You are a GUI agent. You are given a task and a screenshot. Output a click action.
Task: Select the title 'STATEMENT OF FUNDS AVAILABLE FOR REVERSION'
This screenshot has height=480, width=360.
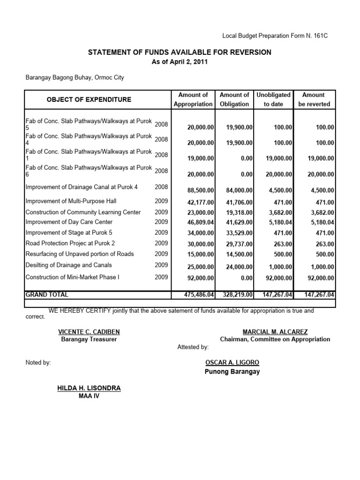(180, 52)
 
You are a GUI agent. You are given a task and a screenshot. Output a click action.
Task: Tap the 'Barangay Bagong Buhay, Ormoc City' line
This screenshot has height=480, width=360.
(75, 77)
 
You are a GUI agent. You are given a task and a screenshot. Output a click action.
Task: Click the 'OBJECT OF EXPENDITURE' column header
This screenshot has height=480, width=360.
(89, 99)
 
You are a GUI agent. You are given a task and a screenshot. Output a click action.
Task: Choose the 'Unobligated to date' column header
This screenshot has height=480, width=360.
(273, 99)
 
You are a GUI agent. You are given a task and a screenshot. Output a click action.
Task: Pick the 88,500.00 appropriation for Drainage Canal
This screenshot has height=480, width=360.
(201, 190)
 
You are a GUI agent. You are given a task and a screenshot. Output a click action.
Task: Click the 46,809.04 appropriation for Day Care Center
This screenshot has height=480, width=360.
(201, 222)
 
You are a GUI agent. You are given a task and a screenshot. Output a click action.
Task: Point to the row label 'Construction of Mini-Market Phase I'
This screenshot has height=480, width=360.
(72, 277)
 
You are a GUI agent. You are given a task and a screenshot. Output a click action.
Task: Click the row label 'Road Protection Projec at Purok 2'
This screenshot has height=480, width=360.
(70, 243)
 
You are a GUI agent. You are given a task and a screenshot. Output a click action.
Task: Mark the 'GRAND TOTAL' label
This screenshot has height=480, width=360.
(47, 295)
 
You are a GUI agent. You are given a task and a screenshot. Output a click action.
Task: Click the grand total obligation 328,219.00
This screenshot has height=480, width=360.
(236, 295)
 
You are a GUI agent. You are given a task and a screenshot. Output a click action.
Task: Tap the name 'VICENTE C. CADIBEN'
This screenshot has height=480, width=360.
(89, 332)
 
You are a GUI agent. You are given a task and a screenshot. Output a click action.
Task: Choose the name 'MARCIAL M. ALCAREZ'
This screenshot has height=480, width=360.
(275, 332)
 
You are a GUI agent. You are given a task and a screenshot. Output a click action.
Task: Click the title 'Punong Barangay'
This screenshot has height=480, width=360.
(232, 372)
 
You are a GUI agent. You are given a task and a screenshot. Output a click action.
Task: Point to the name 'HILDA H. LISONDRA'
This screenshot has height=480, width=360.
(89, 388)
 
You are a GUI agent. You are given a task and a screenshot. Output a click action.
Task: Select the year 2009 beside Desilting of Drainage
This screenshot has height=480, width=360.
(161, 265)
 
